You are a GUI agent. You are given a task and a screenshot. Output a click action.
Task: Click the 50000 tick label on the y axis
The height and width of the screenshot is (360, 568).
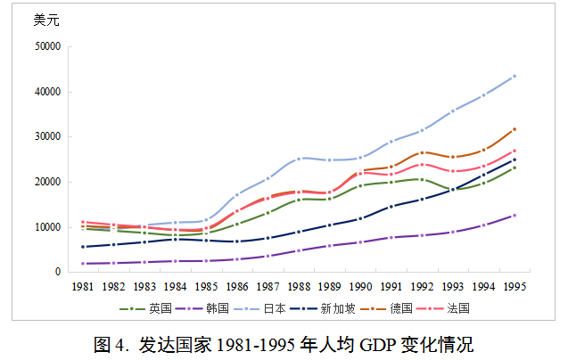(x=46, y=46)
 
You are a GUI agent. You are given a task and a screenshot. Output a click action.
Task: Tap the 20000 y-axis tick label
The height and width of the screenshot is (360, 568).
(x=46, y=182)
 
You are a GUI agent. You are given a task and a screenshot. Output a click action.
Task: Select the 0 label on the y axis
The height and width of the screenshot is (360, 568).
(x=56, y=272)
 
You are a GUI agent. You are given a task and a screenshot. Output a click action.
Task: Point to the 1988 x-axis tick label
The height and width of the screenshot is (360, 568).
(x=299, y=286)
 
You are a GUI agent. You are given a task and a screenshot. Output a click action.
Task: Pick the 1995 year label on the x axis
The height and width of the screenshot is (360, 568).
(x=514, y=286)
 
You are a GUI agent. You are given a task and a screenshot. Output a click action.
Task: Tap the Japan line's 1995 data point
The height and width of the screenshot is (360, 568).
(x=514, y=77)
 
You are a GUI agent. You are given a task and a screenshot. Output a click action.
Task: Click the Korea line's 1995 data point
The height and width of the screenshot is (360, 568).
(x=514, y=216)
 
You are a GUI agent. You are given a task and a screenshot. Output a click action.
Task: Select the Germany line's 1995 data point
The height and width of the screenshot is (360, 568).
(x=514, y=129)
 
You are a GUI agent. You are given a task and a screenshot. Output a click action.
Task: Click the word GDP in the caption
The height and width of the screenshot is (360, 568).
(x=377, y=344)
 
